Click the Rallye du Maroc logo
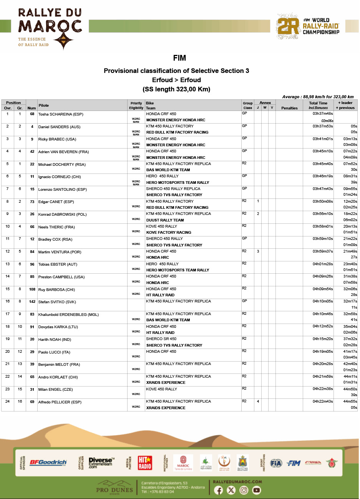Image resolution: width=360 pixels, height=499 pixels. [x=50, y=29]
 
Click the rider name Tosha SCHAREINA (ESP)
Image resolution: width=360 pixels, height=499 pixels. [x=61, y=114]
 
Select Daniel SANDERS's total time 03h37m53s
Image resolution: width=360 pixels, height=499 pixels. [x=323, y=126]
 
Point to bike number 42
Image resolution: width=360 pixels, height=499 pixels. [x=32, y=152]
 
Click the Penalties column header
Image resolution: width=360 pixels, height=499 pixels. [x=289, y=108]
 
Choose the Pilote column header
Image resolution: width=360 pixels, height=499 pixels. [x=44, y=106]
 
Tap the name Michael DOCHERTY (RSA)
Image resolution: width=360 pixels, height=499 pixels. [x=61, y=164]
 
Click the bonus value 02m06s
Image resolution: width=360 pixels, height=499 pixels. [x=327, y=121]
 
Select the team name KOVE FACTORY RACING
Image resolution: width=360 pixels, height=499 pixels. [x=169, y=232]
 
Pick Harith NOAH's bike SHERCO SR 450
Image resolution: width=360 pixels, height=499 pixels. [x=161, y=339]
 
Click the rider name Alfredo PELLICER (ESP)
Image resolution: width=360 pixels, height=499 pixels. [x=60, y=402]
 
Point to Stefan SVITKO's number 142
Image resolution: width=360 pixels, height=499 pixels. [x=32, y=302]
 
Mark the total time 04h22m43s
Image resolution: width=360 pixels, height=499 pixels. [x=323, y=402]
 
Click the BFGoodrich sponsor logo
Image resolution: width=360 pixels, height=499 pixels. [x=48, y=463]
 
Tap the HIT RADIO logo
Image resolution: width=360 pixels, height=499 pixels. [x=145, y=463]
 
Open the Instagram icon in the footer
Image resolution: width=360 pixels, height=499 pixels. [x=244, y=490]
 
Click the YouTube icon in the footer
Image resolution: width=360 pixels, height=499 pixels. [x=257, y=490]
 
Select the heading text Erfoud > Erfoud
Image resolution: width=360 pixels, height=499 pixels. [x=176, y=80]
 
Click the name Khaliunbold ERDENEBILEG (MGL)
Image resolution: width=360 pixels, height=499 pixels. [x=68, y=314]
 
